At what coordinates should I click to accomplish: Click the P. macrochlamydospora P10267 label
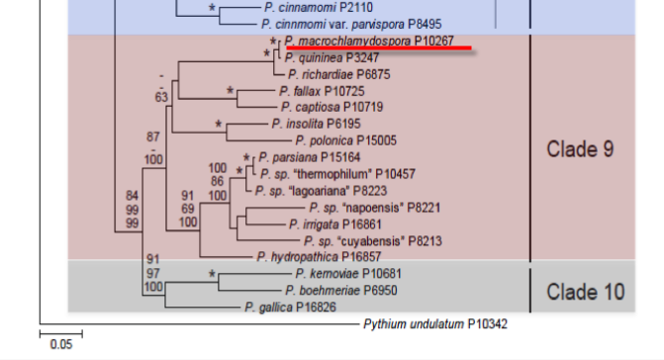[369, 41]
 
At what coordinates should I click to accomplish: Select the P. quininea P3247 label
[332, 57]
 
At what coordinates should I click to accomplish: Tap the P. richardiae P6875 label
[339, 74]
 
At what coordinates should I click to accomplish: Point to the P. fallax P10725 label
[322, 91]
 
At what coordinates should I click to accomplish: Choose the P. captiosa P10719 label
[332, 107]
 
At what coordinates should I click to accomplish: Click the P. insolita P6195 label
[316, 124]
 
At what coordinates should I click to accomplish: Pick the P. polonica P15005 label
[346, 140]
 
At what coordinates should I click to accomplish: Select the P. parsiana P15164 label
[309, 157]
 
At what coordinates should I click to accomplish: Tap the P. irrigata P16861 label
[334, 225]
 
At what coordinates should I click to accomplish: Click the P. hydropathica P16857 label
[319, 257]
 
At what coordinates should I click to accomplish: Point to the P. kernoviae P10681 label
[348, 274]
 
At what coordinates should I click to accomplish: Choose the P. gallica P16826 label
[290, 308]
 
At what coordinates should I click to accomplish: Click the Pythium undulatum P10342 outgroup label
[435, 324]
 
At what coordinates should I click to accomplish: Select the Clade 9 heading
[580, 149]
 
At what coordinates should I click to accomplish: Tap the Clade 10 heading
[585, 292]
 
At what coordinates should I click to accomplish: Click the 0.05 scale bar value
[61, 344]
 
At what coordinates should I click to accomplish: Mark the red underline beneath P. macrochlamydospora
[379, 47]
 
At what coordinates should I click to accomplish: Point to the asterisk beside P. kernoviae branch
[212, 275]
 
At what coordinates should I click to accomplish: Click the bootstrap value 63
[161, 97]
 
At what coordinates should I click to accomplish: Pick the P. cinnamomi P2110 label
[319, 7]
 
